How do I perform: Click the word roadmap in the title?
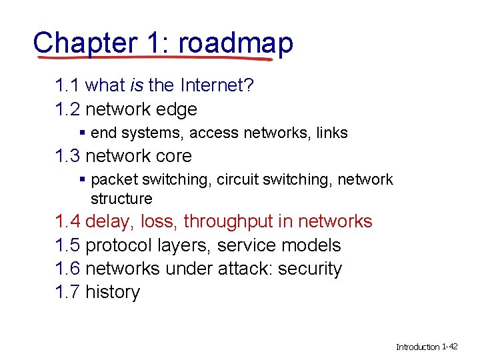(x=236, y=43)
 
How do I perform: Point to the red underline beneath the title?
(x=153, y=58)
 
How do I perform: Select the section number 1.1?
(x=68, y=86)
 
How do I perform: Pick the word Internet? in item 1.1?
(x=217, y=86)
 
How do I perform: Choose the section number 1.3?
(x=68, y=156)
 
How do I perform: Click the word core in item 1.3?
(x=172, y=156)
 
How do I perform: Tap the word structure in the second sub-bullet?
(x=121, y=199)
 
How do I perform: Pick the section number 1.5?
(x=68, y=245)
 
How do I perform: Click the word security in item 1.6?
(x=310, y=269)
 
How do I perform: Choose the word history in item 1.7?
(x=113, y=292)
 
